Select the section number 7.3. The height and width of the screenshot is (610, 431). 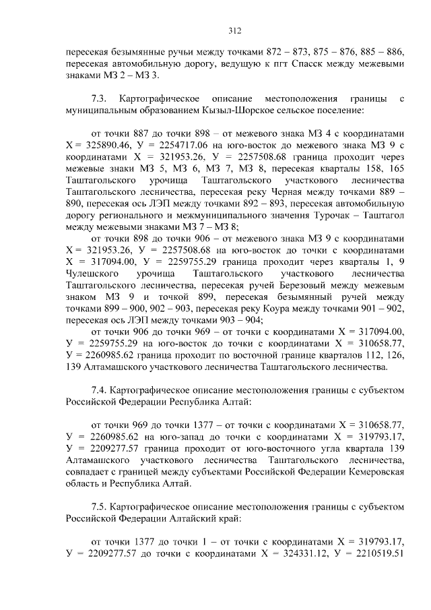coord(99,99)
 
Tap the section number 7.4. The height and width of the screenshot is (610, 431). coord(99,390)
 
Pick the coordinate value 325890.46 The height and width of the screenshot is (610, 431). coord(100,146)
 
